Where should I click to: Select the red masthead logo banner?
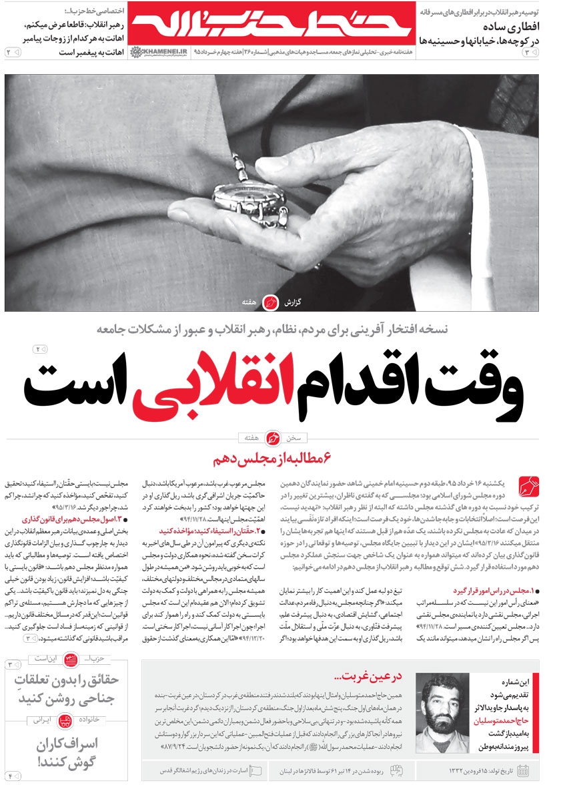tap(270, 27)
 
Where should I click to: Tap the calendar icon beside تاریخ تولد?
tap(523, 771)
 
